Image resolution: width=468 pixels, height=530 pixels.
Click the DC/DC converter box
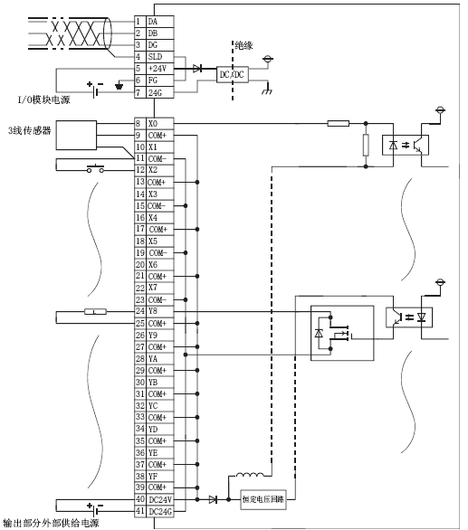pos(232,74)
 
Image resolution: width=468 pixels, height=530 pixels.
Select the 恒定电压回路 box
pos(263,499)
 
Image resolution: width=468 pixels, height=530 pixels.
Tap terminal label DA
pos(153,22)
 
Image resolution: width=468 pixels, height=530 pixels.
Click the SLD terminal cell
pos(159,57)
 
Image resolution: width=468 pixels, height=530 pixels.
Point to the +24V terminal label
pos(157,69)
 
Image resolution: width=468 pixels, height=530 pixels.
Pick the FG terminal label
pos(153,80)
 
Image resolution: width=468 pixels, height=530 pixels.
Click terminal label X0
pos(153,124)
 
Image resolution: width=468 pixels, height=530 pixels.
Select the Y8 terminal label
pos(153,311)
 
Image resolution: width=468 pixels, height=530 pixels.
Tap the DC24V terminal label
pos(160,499)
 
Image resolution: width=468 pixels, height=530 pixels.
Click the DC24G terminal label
pos(160,512)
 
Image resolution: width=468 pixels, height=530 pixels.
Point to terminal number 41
pos(140,511)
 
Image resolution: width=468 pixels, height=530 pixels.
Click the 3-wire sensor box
pos(76,135)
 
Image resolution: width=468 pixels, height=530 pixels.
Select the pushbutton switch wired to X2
pos(95,168)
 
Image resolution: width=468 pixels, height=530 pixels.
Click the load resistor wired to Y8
pos(95,311)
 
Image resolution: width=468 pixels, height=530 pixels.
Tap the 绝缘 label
pos(244,45)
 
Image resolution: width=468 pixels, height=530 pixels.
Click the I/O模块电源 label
pos(43,99)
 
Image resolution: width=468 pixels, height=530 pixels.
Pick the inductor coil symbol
pos(250,475)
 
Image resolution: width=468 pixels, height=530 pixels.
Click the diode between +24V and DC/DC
pos(197,69)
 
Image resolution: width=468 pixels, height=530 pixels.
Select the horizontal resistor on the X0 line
pos(339,123)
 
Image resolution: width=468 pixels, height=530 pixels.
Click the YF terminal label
pos(153,477)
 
